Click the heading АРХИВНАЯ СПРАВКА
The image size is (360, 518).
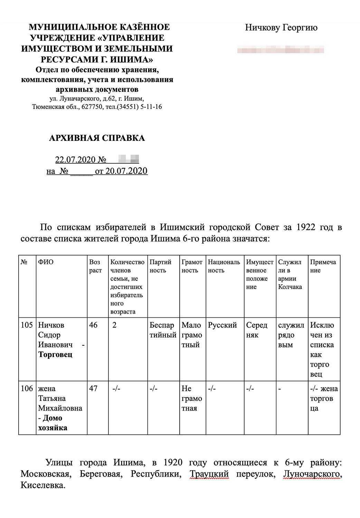(97, 138)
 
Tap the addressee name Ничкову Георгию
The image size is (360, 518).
(281, 28)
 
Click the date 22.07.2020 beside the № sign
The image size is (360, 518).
(76, 160)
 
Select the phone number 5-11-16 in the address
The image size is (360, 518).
(151, 107)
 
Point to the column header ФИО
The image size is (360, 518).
(46, 262)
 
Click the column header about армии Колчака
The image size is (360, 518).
(290, 274)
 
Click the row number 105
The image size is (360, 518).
(27, 325)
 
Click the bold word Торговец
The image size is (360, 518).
(55, 355)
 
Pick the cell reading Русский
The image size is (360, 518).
(222, 325)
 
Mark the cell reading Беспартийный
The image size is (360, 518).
(162, 330)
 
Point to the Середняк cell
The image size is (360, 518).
(257, 330)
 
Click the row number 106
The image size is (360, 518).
(27, 388)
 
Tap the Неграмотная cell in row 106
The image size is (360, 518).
(192, 398)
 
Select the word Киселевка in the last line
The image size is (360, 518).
(43, 485)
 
